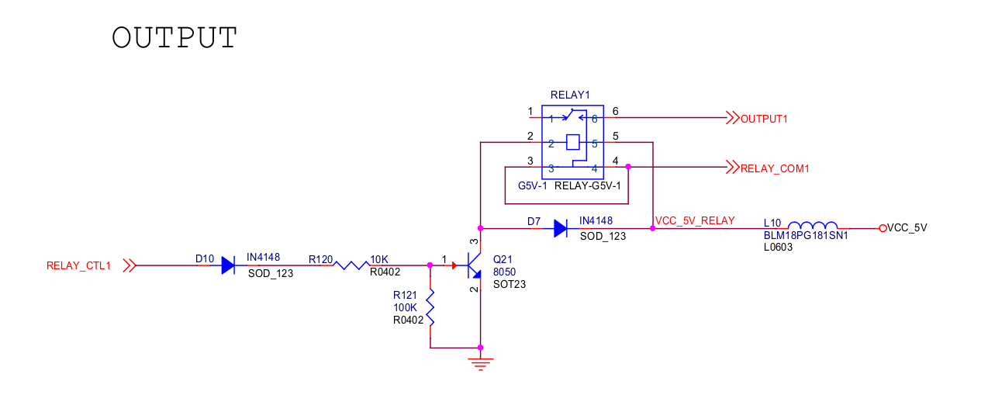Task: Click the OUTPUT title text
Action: (x=174, y=37)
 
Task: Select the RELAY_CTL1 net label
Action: (x=78, y=265)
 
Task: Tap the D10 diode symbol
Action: (x=228, y=265)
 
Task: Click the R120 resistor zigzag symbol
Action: (x=351, y=265)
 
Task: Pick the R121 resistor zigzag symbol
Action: (x=430, y=307)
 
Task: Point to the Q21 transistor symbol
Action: (x=474, y=265)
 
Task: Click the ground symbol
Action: (x=481, y=364)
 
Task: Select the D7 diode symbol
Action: (x=560, y=228)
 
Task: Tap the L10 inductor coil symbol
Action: (x=813, y=225)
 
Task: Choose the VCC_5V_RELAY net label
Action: (x=695, y=220)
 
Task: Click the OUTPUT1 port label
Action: (x=764, y=119)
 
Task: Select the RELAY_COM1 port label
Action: (x=774, y=168)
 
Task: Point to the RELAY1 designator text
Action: (x=570, y=95)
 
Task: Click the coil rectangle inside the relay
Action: (x=573, y=142)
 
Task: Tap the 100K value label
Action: (x=405, y=307)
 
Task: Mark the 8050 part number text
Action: (x=504, y=272)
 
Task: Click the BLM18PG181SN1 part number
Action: (x=806, y=235)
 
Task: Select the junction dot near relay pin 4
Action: (x=628, y=167)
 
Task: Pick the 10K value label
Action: (x=378, y=259)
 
